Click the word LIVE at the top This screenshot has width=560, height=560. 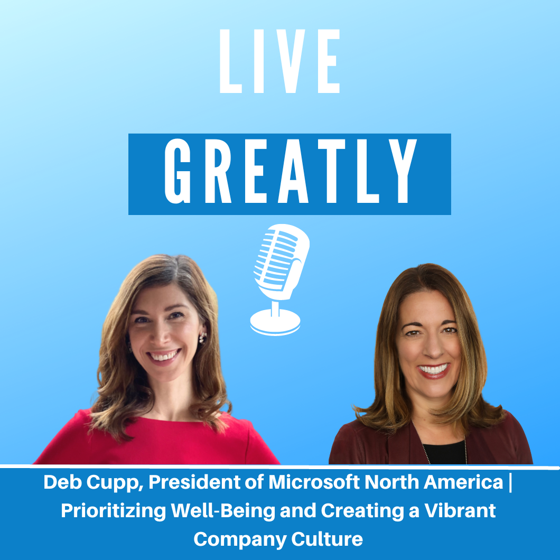click(x=279, y=61)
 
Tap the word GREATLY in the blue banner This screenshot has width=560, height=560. click(x=291, y=171)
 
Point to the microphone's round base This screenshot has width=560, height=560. click(x=275, y=322)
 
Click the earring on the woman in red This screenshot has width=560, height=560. click(x=203, y=337)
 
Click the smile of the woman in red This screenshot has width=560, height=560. click(x=164, y=356)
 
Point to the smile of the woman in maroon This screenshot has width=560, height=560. click(x=434, y=369)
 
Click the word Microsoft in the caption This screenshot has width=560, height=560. click(x=314, y=482)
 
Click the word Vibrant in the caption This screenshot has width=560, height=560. click(x=460, y=511)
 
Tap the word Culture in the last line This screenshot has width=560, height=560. click(x=327, y=539)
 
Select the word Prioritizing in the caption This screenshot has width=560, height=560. click(x=113, y=511)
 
